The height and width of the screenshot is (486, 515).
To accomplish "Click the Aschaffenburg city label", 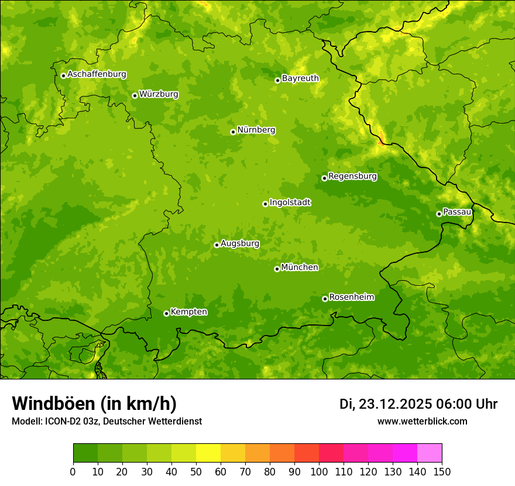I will pos(97,74).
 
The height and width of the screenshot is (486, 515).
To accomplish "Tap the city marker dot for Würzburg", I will pos(135,95).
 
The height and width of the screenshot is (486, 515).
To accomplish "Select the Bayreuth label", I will pos(300,78).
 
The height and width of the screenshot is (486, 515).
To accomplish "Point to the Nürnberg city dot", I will pos(233,132).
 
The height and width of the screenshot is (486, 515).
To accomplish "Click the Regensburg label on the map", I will pos(352,176).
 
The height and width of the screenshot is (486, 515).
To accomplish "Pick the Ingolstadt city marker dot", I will pos(265,204).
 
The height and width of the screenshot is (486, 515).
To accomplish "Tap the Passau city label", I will pos(457,212).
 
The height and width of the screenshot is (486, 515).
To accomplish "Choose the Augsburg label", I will pos(240,244).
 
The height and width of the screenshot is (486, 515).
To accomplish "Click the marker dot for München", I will pos(277,269).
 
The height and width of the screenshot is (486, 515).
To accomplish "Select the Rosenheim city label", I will pos(351,297).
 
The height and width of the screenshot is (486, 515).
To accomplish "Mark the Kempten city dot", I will pos(166,313).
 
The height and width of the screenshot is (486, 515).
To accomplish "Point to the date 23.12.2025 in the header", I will pos(395,405).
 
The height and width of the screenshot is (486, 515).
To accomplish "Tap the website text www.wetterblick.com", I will pos(422,421).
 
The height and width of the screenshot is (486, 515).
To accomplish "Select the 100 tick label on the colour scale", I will pos(319,471).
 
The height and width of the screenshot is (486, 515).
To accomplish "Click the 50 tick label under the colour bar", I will pos(196,471).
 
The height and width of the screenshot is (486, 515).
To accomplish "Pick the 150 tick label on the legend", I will pos(442,471).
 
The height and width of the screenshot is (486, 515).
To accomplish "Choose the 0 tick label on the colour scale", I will pos(73,471).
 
